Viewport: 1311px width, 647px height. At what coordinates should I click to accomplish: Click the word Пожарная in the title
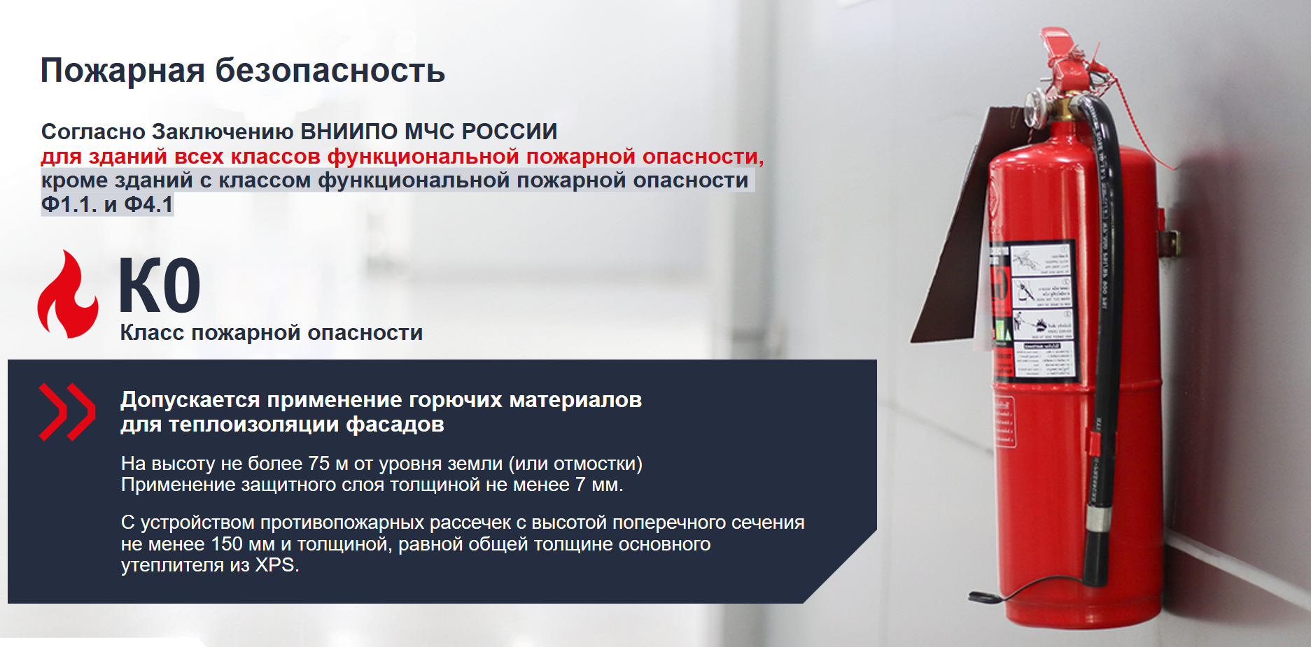coord(122,71)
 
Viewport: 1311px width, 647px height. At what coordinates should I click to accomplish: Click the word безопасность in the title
coord(330,71)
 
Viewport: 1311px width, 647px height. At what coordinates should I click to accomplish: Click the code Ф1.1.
coord(69,204)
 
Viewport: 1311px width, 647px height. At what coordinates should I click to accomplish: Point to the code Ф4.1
coord(148,204)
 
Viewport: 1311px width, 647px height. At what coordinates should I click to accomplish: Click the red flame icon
coord(67,294)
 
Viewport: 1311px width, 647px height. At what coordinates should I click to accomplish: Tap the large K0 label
coord(160,285)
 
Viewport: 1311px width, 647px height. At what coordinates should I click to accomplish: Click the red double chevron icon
coord(67,412)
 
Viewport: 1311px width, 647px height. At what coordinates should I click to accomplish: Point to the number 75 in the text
coord(318,464)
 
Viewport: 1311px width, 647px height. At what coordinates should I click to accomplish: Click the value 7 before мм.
coord(580,485)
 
